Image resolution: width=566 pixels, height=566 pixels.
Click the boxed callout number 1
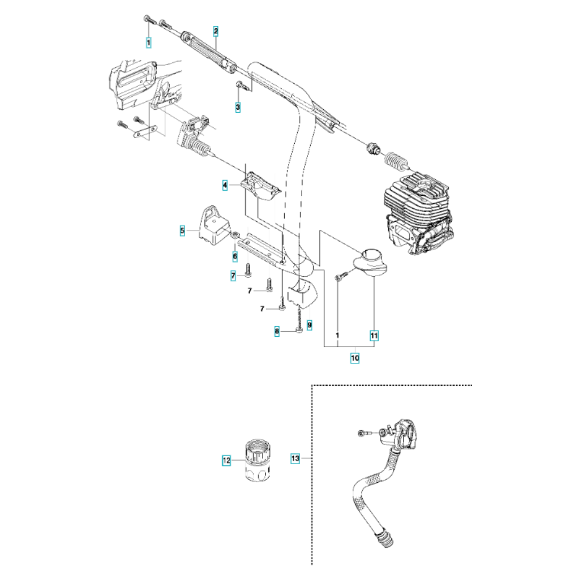click(x=148, y=41)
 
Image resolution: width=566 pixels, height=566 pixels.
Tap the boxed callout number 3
click(x=238, y=106)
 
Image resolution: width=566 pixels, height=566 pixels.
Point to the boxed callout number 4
click(x=225, y=185)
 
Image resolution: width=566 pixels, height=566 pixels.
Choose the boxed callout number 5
click(x=182, y=230)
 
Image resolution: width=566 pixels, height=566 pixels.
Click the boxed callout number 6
click(x=235, y=256)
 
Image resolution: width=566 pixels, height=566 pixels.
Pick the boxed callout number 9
click(x=309, y=325)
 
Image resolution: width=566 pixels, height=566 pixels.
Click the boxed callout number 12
click(x=226, y=461)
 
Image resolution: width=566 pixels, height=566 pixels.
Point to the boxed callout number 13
click(x=295, y=458)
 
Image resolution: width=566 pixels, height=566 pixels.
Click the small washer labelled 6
click(x=234, y=235)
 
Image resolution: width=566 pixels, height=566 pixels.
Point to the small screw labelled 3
click(x=241, y=85)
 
